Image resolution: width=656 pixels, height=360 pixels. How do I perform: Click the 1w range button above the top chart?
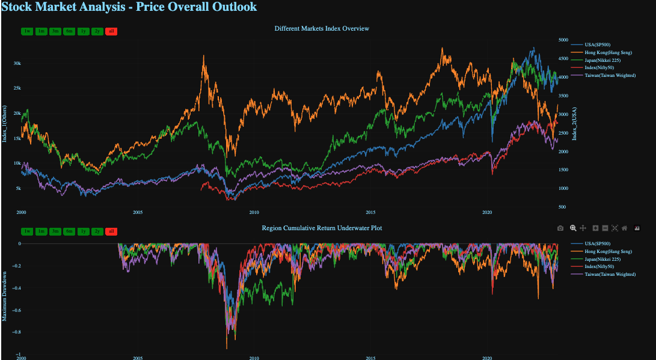pos(27,31)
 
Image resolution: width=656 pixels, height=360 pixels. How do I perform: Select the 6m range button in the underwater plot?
pos(69,231)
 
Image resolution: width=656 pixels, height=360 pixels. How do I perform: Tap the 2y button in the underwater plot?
pos(97,231)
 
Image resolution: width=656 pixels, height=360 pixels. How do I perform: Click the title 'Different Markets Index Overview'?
pos(322,29)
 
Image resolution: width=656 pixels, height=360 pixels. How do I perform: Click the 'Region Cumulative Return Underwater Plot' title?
pos(322,228)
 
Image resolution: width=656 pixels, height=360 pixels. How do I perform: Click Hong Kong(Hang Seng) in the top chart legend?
pos(608,53)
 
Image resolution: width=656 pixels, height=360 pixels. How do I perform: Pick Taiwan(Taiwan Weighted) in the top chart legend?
pos(610,76)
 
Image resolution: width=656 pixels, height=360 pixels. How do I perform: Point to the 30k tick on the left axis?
pos(17,63)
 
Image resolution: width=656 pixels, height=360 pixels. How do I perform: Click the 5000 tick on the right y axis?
pos(563,40)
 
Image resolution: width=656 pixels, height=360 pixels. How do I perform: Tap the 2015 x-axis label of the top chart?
pos(370,212)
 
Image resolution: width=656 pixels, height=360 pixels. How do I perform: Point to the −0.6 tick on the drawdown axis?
pos(16,310)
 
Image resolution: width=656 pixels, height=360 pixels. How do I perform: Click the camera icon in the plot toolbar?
pos(560,228)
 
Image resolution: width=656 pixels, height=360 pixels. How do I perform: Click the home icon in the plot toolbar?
pos(625,228)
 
